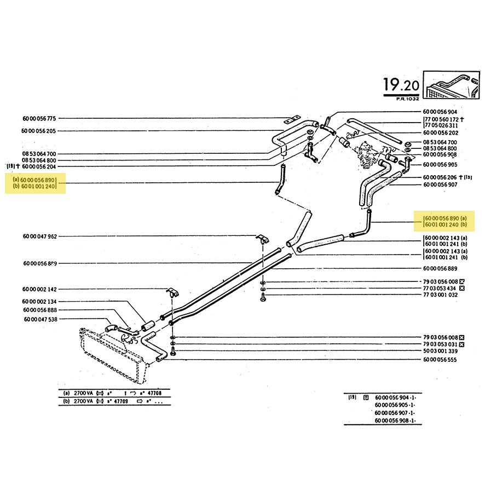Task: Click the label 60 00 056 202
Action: tap(441, 132)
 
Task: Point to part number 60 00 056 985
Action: tap(441, 164)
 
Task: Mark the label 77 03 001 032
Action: tap(441, 295)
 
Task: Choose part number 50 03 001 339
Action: tap(441, 351)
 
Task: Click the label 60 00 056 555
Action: tap(441, 360)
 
